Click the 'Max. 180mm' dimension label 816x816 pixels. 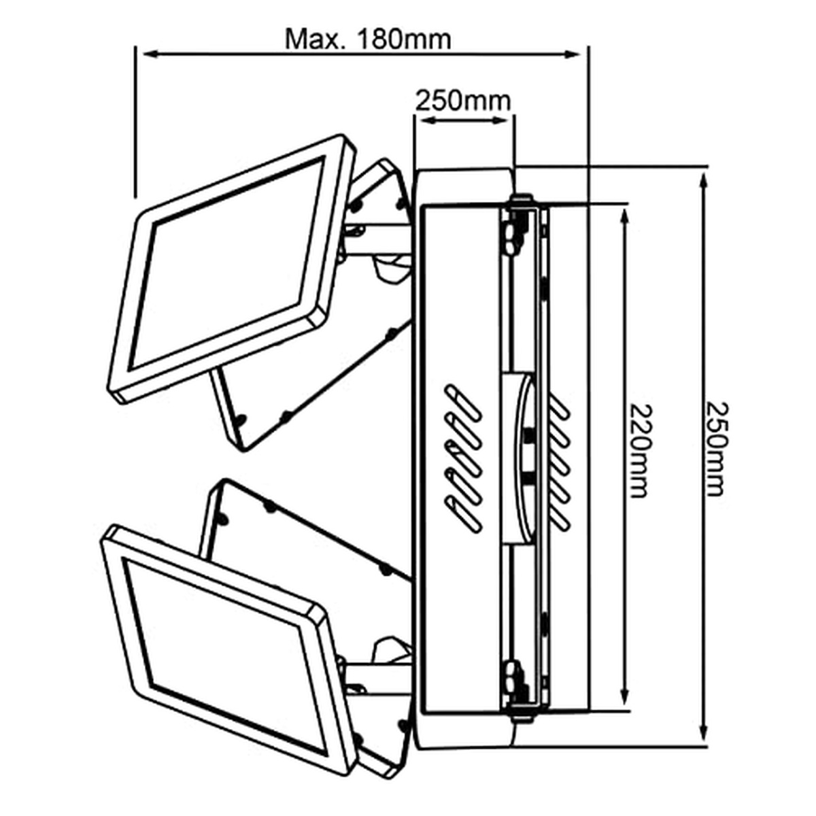click(368, 40)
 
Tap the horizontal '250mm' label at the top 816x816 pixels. click(463, 101)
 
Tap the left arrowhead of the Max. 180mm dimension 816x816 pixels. click(151, 54)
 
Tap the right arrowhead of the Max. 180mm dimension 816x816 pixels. click(573, 54)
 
